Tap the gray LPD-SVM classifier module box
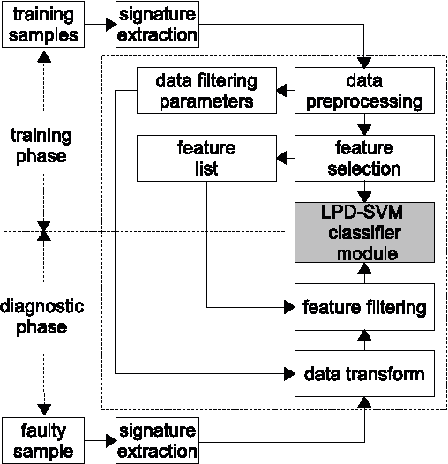pyautogui.click(x=365, y=231)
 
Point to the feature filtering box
pyautogui.click(x=365, y=308)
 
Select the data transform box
pyautogui.click(x=365, y=373)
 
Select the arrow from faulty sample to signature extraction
pyautogui.click(x=98, y=440)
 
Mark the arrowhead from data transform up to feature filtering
pyautogui.click(x=365, y=334)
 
